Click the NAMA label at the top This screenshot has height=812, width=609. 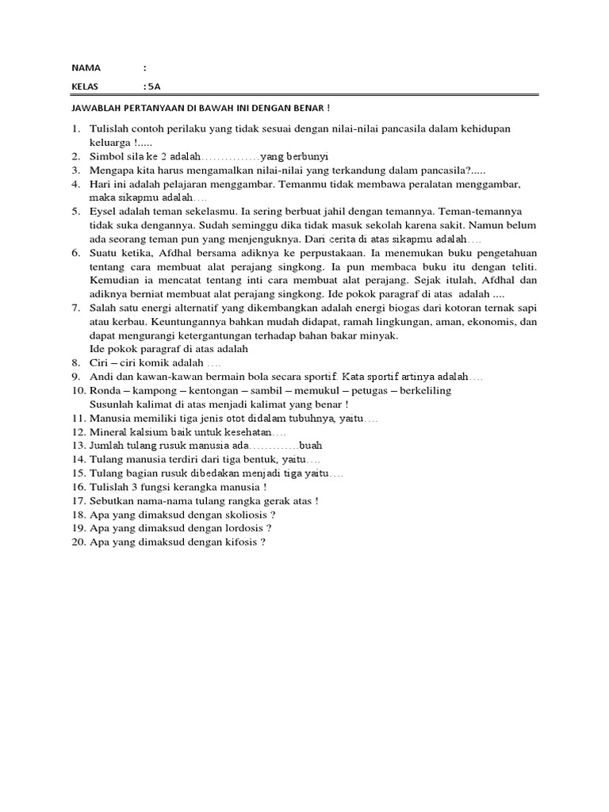pos(86,68)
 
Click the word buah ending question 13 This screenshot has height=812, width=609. pos(312,446)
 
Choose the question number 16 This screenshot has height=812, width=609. pos(77,488)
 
